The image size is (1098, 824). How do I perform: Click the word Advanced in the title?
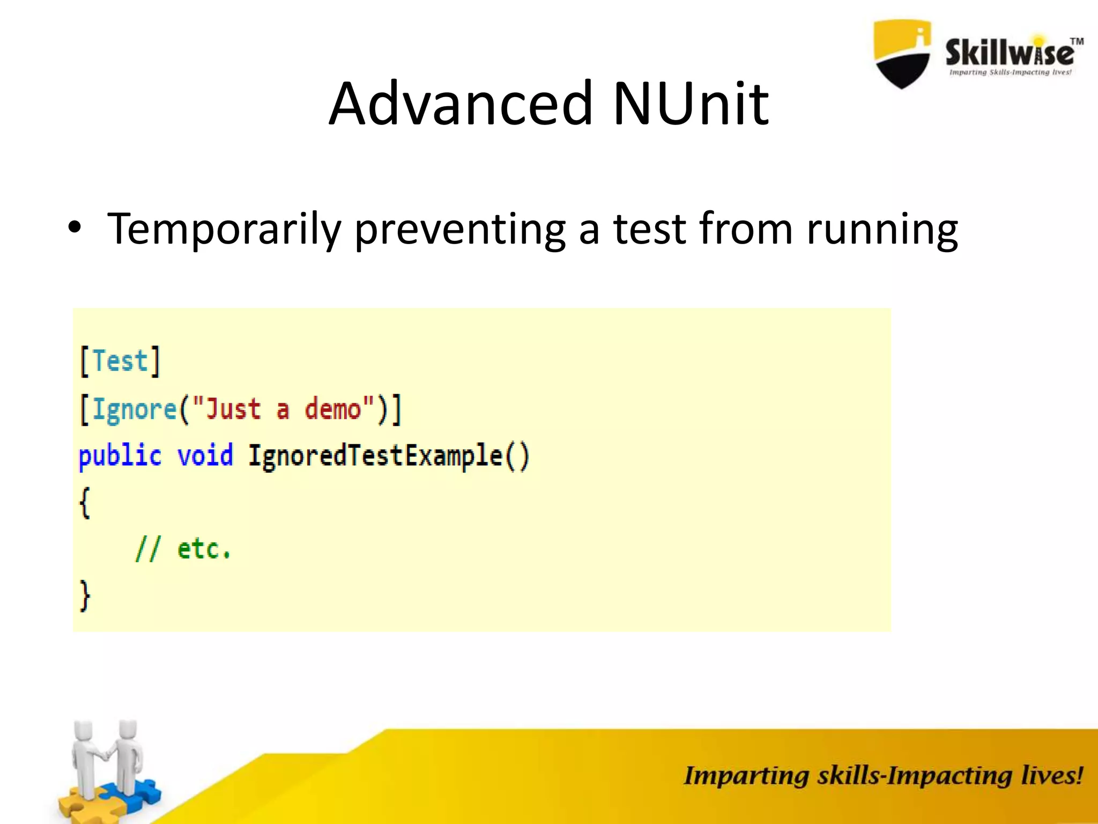pos(460,103)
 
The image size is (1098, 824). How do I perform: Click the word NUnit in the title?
pos(690,103)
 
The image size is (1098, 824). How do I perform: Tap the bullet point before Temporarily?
pos(75,229)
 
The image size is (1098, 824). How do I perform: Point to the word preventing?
pos(460,230)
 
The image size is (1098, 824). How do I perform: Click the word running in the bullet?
pos(881,230)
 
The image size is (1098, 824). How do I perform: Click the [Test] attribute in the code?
pos(120,361)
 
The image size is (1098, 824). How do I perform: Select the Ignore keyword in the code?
pos(134,410)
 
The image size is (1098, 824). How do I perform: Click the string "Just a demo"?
pos(283,409)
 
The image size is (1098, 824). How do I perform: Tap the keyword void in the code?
pos(205,456)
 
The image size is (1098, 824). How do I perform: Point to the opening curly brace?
pos(85,503)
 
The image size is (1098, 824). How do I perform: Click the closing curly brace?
pos(85,595)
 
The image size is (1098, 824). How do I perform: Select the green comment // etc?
pos(182,549)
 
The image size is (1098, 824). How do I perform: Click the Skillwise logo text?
pos(1009,54)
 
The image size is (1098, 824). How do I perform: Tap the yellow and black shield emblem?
pos(902,54)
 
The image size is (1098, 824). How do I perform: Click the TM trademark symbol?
pos(1077,41)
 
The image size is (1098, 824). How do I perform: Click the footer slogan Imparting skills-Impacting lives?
pos(883,776)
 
